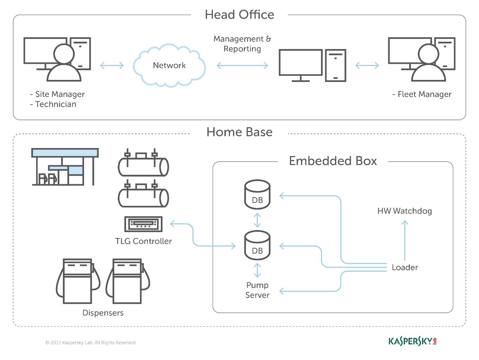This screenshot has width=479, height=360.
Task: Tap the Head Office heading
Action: pos(239,15)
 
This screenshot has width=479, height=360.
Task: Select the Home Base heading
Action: pos(239,132)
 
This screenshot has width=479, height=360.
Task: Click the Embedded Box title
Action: pos(333,161)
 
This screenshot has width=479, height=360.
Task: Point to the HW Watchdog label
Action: pos(405,211)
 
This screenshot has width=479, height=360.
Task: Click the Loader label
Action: pos(405,268)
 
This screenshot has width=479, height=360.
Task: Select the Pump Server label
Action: pos(257,290)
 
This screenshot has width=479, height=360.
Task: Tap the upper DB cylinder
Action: pos(257,195)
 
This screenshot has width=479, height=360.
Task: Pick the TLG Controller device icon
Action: pos(143,224)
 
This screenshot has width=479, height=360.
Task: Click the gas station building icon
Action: pos(65,167)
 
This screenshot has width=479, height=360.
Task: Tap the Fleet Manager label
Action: pos(422,94)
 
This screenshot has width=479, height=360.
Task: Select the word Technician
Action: pos(56,104)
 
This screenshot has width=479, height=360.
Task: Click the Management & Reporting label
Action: pos(242,44)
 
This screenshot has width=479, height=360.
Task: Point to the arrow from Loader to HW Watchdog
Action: pos(405,240)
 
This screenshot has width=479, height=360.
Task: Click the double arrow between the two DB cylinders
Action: pos(257,220)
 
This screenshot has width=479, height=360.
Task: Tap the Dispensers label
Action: pos(103,313)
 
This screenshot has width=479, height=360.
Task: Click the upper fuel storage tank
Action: pos(143,165)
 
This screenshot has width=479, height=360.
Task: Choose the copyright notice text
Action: pos(91,343)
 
